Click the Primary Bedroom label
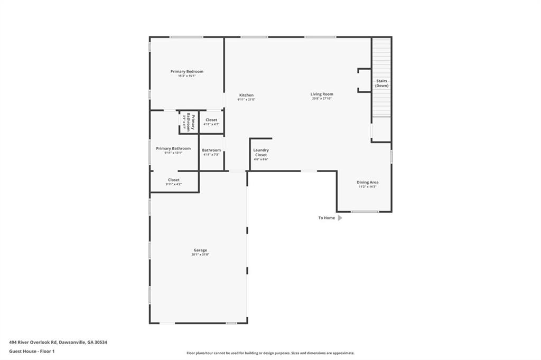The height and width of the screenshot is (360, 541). tap(186, 71)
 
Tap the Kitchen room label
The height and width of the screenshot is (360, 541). tap(246, 95)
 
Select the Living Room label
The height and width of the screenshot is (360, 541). tap(322, 94)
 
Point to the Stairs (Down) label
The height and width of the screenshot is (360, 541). tap(381, 83)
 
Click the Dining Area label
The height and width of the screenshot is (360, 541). tap(367, 182)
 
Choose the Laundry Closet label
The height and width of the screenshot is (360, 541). tap(261, 153)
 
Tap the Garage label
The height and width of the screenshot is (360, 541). tap(200, 250)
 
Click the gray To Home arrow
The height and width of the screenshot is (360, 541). tap(340, 217)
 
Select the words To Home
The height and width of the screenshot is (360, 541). tap(327, 217)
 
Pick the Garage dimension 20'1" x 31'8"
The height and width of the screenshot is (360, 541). tap(200, 255)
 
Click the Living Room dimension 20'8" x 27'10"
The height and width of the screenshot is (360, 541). tap(322, 99)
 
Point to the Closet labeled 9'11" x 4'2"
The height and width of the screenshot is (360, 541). tap(174, 180)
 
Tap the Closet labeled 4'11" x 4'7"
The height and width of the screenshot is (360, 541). tap(211, 120)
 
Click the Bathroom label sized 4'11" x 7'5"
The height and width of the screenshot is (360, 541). tap(211, 150)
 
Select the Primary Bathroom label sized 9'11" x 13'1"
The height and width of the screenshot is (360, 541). tap(173, 148)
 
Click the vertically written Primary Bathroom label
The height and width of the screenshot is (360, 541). tap(190, 122)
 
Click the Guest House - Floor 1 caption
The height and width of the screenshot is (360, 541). tap(32, 351)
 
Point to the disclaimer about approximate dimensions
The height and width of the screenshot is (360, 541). tap(270, 353)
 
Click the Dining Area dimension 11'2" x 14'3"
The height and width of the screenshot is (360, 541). tap(367, 187)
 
